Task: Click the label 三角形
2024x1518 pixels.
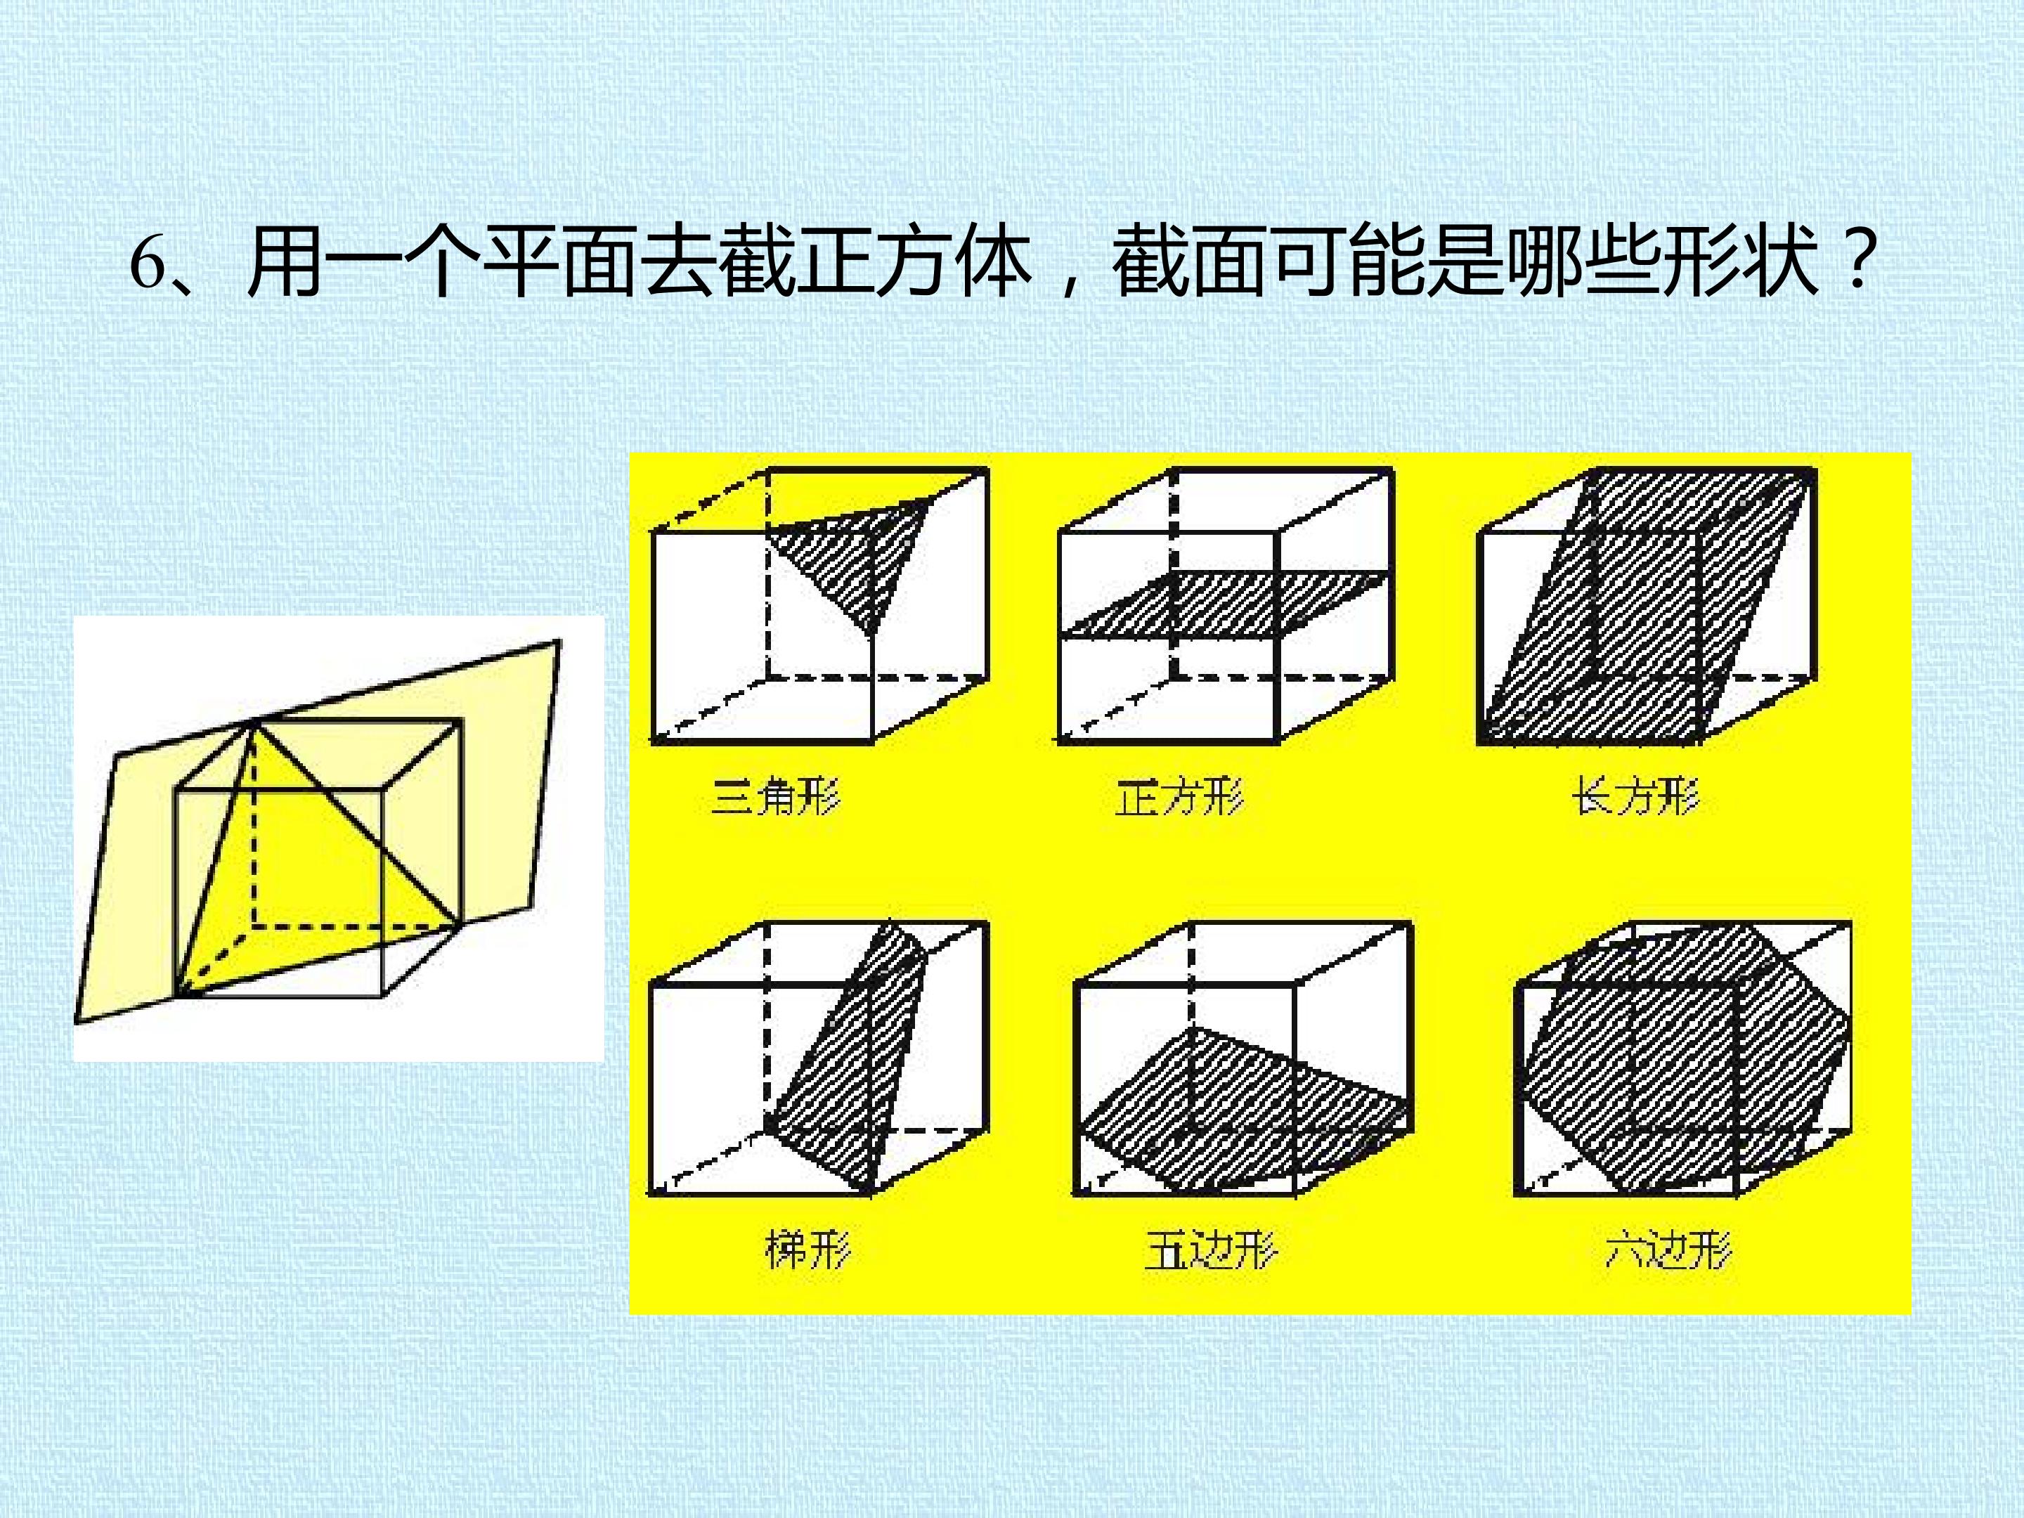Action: [x=775, y=795]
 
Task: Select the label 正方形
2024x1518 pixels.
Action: [x=1179, y=795]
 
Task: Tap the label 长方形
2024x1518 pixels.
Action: [x=1636, y=795]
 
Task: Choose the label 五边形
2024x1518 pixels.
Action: [x=1209, y=1250]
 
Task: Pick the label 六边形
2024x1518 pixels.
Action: [x=1668, y=1250]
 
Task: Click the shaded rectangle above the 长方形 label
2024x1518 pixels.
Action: [x=1647, y=604]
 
